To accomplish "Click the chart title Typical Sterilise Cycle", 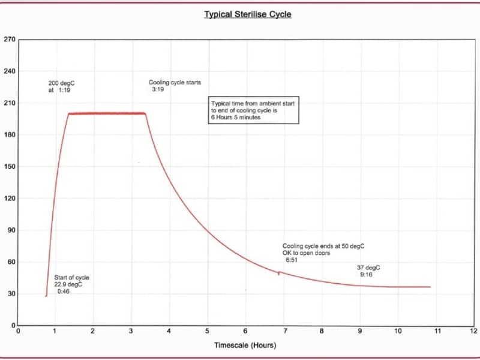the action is [248, 14].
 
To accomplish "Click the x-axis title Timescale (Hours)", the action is [245, 346].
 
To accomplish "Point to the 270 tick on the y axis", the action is [9, 40].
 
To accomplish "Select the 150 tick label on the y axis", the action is [9, 167].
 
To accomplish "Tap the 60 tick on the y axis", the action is [11, 262].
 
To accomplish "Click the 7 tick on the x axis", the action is [286, 331].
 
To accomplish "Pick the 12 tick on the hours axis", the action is [474, 331].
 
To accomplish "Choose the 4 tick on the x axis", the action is [169, 331].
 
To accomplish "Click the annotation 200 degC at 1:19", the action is [61, 86].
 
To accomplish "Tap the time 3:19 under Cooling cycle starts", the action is [158, 89].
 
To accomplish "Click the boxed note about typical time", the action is [253, 110].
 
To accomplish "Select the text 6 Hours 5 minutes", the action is [236, 117].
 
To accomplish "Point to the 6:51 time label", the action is [292, 260].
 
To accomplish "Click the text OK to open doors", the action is [306, 253].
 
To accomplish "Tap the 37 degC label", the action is [368, 268].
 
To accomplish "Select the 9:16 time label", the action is [366, 275].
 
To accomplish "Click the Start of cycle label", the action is [71, 278].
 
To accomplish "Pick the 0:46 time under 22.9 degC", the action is [64, 292].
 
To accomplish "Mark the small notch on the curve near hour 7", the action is [279, 273].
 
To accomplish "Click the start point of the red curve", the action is [46, 296].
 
